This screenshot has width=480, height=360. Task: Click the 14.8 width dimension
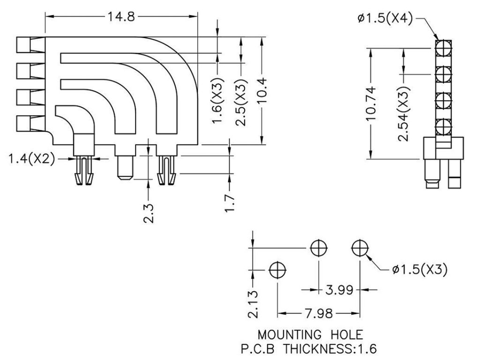point(121,16)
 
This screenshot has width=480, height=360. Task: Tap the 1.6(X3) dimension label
point(218,101)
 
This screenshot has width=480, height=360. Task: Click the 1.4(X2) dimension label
point(31,159)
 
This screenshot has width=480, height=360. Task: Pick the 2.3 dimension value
point(149,213)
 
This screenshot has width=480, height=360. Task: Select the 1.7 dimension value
point(230,202)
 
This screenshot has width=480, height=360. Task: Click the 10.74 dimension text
point(371,103)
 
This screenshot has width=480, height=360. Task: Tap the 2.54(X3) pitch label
point(404,113)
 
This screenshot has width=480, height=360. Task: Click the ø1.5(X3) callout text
point(420,270)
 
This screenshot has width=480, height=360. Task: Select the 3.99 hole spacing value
point(339,290)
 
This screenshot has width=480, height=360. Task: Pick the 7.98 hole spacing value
point(318,314)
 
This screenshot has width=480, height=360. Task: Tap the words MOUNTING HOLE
point(310,335)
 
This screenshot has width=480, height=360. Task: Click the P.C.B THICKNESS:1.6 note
point(309,349)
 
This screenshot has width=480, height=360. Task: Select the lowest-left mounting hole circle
point(277,270)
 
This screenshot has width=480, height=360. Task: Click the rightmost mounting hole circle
point(360,247)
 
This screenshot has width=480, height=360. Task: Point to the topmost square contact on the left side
point(23,45)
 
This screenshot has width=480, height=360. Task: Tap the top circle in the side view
point(443,48)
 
